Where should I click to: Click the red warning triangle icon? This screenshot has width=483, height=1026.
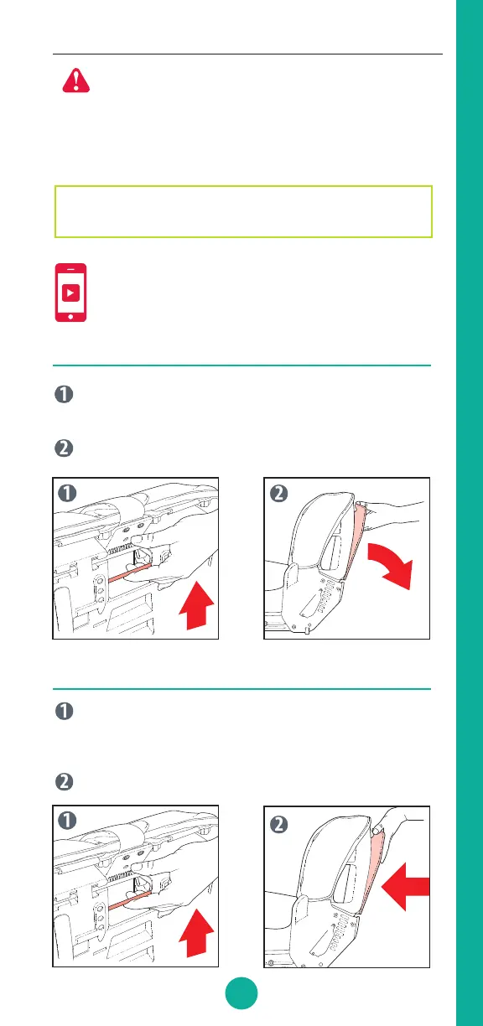pyautogui.click(x=76, y=81)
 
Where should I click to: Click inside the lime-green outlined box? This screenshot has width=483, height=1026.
pyautogui.click(x=243, y=211)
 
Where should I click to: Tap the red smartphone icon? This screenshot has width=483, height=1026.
pyautogui.click(x=70, y=293)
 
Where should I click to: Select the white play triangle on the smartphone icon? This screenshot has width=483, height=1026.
pyautogui.click(x=71, y=293)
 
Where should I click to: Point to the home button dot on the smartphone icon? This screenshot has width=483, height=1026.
pyautogui.click(x=70, y=317)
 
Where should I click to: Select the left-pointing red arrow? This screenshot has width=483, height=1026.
pyautogui.click(x=405, y=886)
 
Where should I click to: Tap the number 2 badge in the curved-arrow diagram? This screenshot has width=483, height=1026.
pyautogui.click(x=278, y=494)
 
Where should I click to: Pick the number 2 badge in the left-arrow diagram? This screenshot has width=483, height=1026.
pyautogui.click(x=278, y=825)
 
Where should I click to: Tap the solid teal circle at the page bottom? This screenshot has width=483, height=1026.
pyautogui.click(x=241, y=993)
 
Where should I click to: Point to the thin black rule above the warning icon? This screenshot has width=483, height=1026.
pyautogui.click(x=247, y=54)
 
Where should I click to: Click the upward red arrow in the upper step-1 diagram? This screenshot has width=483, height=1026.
pyautogui.click(x=196, y=605)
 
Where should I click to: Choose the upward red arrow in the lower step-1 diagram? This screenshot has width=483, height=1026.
pyautogui.click(x=196, y=933)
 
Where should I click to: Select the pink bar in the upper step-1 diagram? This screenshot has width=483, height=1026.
pyautogui.click(x=130, y=573)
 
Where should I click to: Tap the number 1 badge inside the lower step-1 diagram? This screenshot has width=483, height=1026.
pyautogui.click(x=67, y=820)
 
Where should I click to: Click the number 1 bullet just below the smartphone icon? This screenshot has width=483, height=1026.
pyautogui.click(x=65, y=394)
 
